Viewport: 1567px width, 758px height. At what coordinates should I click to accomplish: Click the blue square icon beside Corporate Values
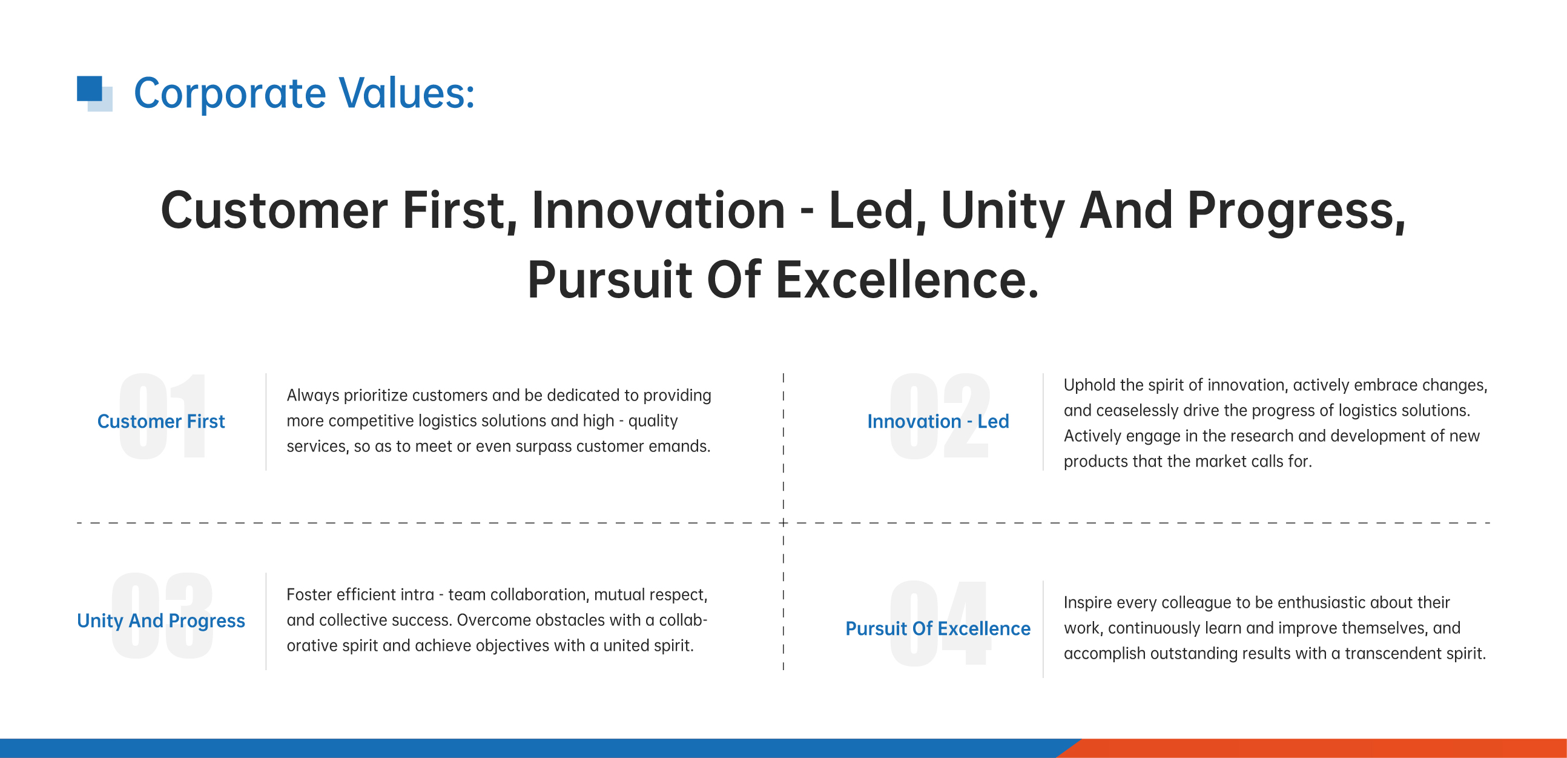point(94,93)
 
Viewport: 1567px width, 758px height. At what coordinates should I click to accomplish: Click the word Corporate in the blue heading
point(230,93)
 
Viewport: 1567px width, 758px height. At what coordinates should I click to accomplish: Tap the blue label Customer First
point(161,421)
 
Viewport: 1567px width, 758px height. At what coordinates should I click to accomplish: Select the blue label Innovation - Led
point(938,421)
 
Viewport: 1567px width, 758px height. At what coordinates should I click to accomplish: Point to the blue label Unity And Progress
point(161,621)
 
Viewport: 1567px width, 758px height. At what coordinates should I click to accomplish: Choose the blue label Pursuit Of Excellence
point(938,628)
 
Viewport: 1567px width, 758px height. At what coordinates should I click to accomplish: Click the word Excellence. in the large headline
point(907,279)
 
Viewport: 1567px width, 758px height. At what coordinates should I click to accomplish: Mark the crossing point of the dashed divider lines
point(783,523)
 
